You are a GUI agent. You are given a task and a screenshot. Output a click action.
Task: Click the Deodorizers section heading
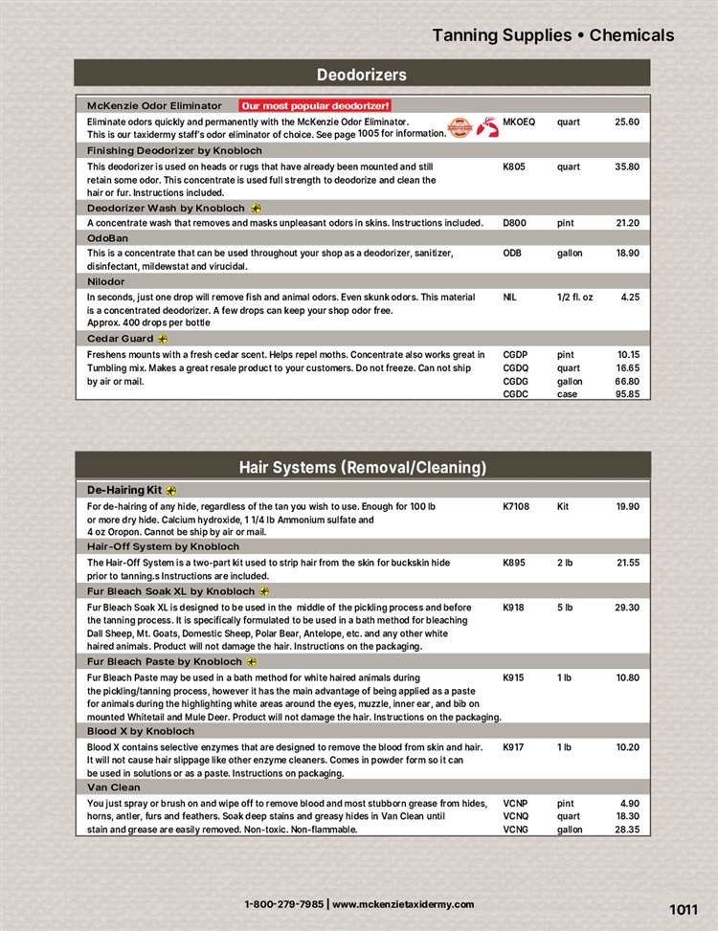[x=362, y=75]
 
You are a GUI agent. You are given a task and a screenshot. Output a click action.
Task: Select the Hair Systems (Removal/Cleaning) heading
[x=362, y=467]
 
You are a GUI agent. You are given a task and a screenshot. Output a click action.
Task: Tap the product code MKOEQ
[x=518, y=122]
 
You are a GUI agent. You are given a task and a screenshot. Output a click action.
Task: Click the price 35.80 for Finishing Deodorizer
[x=627, y=166]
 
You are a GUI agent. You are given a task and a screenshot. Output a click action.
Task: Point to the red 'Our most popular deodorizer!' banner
[x=315, y=105]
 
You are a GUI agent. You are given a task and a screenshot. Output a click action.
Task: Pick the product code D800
[x=514, y=223]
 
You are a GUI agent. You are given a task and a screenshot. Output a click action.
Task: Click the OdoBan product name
[x=107, y=238]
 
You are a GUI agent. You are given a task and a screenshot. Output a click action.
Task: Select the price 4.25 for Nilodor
[x=630, y=298]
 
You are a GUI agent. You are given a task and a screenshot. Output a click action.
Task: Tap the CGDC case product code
[x=515, y=394]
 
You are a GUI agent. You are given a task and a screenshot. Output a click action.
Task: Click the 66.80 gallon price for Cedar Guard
[x=627, y=381]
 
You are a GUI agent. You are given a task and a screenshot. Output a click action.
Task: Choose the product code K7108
[x=516, y=506]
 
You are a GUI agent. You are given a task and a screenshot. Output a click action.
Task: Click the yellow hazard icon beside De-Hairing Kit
[x=171, y=491]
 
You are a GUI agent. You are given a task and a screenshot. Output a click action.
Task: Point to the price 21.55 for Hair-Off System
[x=627, y=563]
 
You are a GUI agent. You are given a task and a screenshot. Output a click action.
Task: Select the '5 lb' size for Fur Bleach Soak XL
[x=565, y=607]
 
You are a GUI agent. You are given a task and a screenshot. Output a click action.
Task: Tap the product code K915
[x=513, y=677]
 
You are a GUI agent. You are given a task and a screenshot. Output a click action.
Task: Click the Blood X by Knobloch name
[x=141, y=732]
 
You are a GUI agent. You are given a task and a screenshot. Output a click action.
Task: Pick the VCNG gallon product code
[x=515, y=831]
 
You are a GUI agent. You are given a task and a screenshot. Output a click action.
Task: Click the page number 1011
[x=684, y=910]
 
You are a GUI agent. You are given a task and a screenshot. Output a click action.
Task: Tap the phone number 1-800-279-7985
[x=283, y=904]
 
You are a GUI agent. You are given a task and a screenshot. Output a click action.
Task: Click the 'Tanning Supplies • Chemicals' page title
[x=553, y=35]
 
